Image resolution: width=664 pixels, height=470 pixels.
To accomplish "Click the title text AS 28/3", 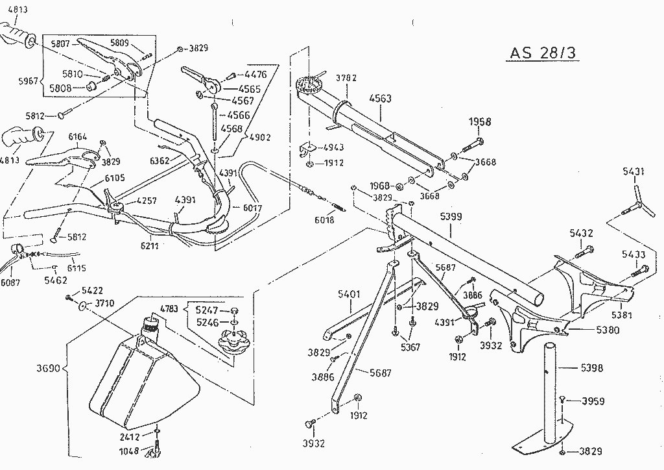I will [x=539, y=53].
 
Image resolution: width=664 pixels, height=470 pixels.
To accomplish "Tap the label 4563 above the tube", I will [x=380, y=99].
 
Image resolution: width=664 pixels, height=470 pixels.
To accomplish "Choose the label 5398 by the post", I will [x=591, y=368].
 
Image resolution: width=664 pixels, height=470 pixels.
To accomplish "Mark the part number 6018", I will [x=324, y=219].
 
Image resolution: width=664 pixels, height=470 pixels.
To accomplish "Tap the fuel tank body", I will [x=139, y=383].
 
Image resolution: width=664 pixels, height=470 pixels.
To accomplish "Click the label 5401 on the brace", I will [x=350, y=294].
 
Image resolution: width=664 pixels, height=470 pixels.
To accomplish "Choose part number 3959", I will [x=593, y=401].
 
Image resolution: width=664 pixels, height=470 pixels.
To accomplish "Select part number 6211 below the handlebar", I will [x=148, y=246].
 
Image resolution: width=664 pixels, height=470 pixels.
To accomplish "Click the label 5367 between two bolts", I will [x=409, y=347].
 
